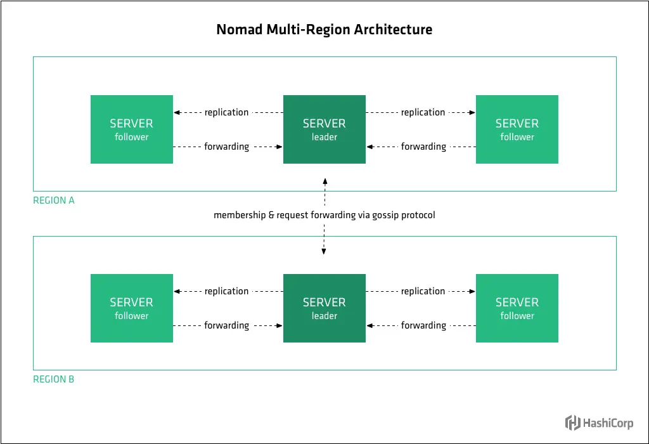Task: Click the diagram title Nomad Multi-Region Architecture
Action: coord(324,29)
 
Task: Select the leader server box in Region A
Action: coord(324,129)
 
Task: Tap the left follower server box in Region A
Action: coord(131,129)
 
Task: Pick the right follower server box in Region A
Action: coord(517,129)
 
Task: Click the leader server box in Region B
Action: coord(324,308)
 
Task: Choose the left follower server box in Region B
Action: coord(131,308)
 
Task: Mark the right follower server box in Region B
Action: coord(517,308)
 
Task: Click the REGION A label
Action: coord(54,200)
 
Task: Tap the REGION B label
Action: coord(54,379)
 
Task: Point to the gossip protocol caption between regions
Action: coord(324,215)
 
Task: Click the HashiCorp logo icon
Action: coord(573,422)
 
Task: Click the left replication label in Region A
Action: coord(226,112)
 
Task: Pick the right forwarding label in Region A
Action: coord(423,147)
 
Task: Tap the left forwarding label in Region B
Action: coord(226,325)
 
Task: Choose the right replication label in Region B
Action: coord(423,291)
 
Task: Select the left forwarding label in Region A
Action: coord(226,147)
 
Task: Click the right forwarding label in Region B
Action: coord(423,325)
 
